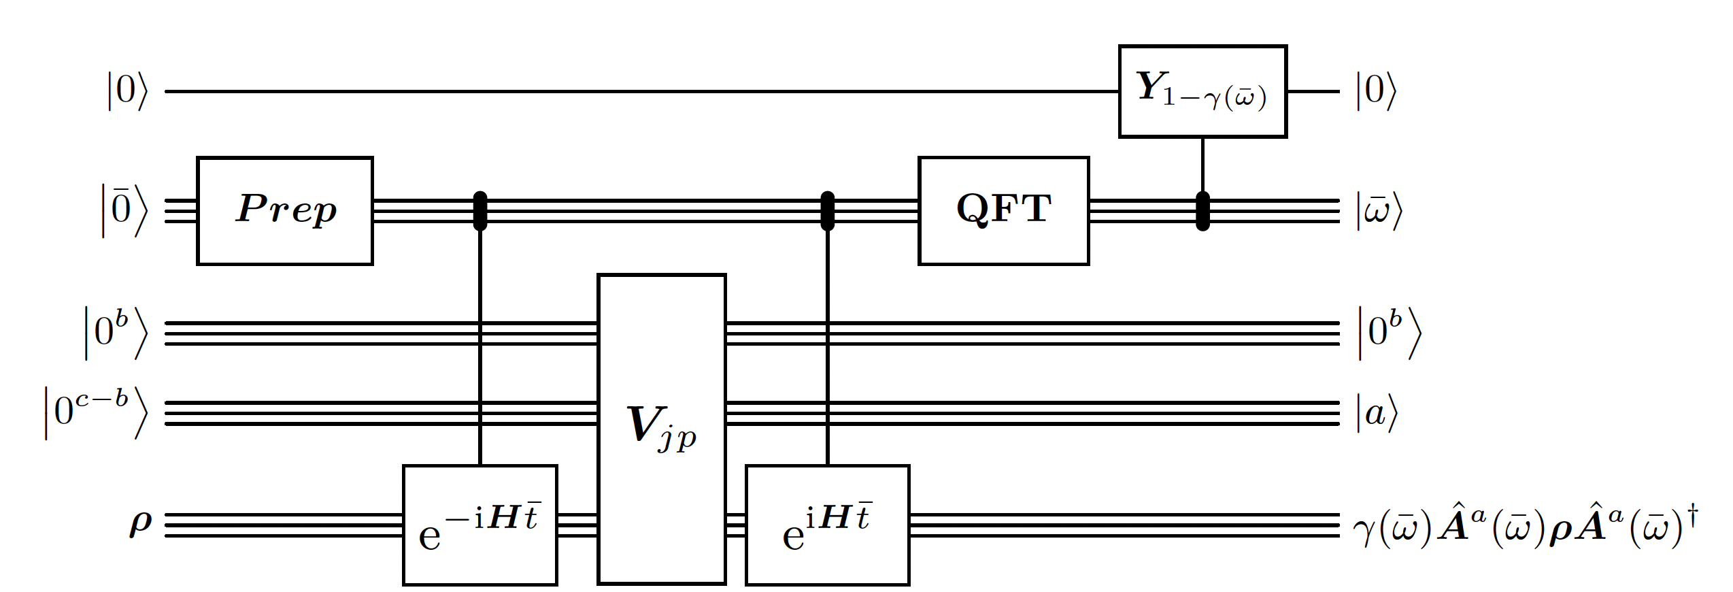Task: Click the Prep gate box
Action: point(285,210)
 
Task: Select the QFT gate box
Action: point(1003,210)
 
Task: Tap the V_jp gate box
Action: point(662,429)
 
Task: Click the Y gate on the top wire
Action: point(1202,91)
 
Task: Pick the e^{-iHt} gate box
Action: point(480,525)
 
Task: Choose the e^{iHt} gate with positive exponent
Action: point(827,525)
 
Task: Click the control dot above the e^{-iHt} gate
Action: point(480,211)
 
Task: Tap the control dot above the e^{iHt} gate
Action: point(827,211)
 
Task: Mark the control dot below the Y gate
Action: point(1202,211)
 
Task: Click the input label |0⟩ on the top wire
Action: point(127,91)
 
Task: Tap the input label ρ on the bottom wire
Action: point(140,525)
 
